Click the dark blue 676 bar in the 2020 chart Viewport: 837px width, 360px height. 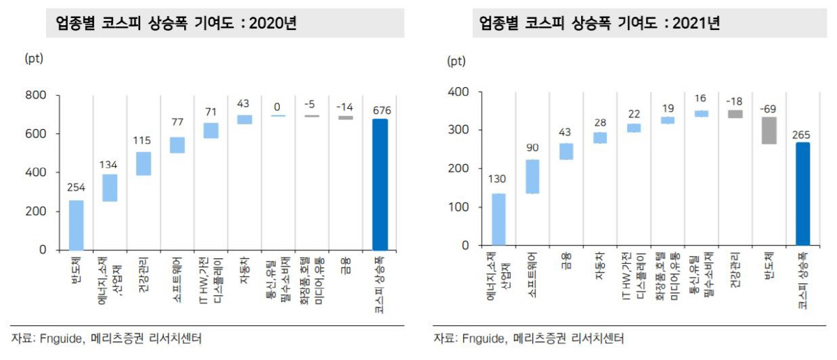[x=380, y=184]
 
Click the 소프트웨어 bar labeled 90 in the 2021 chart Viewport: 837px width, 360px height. [x=532, y=177]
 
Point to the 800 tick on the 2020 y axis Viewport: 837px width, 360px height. [x=36, y=96]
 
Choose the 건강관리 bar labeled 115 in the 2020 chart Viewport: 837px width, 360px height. [x=144, y=164]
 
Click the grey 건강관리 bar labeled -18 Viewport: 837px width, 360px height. [x=735, y=114]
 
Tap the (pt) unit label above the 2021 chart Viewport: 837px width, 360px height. [x=456, y=61]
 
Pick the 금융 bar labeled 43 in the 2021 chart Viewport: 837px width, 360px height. [x=566, y=151]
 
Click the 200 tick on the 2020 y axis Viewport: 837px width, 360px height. [x=36, y=211]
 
